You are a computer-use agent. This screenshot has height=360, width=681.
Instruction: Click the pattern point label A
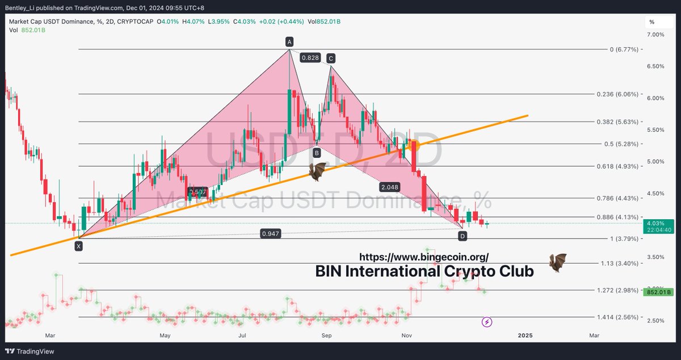click(x=289, y=41)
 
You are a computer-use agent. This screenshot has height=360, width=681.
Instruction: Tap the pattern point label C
click(x=330, y=57)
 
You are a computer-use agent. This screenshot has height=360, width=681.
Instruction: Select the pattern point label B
click(x=317, y=152)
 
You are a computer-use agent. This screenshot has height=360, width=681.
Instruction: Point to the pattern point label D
click(x=463, y=235)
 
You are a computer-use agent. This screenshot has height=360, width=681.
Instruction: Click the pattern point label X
click(x=78, y=246)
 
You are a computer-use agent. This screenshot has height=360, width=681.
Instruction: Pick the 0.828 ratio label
click(x=310, y=57)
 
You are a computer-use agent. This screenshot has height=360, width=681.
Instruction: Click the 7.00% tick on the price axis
click(x=655, y=35)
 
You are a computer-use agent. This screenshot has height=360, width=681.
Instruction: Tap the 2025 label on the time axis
click(x=524, y=336)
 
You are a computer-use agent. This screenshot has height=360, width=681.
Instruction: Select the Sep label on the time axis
click(x=326, y=336)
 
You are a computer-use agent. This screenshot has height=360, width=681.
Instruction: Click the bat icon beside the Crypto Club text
click(x=558, y=262)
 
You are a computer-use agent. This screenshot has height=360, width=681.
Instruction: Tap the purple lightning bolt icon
click(x=487, y=323)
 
